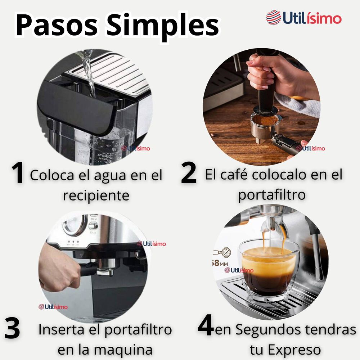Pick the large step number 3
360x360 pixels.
12,329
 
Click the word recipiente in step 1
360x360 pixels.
96,196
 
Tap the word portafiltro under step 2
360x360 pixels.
272,195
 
